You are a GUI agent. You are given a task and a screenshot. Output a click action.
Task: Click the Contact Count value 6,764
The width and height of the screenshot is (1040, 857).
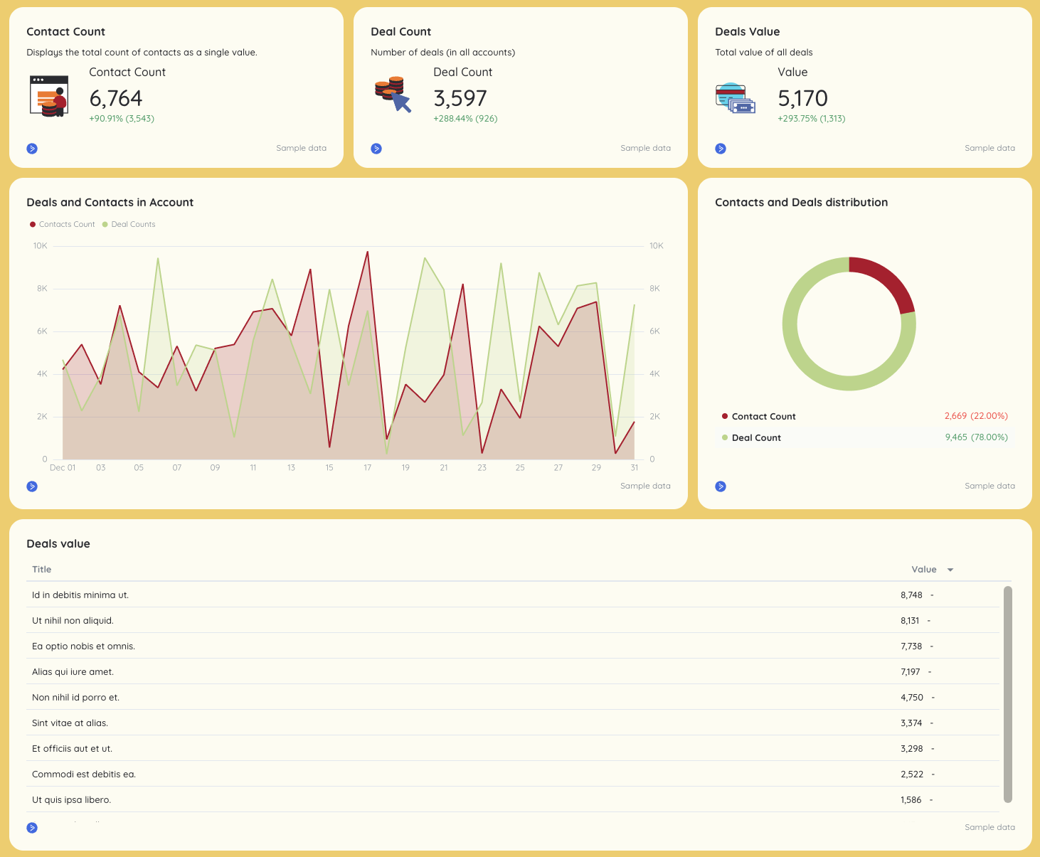pos(116,98)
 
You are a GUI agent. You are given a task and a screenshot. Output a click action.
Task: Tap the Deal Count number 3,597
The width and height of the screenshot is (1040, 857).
pos(460,98)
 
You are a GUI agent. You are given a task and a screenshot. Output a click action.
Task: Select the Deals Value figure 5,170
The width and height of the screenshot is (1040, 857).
pos(802,98)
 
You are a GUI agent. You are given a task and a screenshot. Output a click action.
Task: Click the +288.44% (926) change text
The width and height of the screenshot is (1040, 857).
pos(465,119)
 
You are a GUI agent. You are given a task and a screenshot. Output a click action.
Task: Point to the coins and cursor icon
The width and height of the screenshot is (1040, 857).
pos(393,95)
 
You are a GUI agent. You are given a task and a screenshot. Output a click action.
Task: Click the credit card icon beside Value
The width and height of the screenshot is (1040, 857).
pos(735,98)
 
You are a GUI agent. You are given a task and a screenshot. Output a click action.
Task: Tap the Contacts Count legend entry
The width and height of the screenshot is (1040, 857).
pos(63,224)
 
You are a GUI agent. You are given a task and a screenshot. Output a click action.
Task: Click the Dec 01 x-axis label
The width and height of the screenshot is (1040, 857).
pos(63,467)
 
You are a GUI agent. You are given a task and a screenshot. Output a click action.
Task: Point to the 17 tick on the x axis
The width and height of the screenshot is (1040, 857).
pos(367,467)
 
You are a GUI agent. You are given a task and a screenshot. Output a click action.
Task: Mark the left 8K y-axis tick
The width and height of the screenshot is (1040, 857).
pos(42,289)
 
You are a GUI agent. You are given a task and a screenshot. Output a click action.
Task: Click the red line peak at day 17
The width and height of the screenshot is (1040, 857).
pos(367,252)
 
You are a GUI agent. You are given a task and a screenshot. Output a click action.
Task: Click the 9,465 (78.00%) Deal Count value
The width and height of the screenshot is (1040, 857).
pos(976,437)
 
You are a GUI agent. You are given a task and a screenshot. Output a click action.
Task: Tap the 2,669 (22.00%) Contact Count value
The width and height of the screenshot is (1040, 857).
pos(976,416)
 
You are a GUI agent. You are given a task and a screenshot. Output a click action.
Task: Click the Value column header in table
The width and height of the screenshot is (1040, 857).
pos(923,570)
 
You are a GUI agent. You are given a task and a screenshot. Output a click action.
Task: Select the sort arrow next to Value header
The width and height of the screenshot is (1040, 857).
pos(950,570)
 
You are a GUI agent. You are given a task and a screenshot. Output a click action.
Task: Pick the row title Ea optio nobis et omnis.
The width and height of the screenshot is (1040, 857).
pos(83,646)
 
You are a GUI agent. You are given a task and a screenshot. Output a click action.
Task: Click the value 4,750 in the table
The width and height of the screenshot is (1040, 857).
pos(911,698)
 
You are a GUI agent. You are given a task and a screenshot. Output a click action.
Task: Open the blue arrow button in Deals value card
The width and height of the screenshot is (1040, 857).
pos(32,828)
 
